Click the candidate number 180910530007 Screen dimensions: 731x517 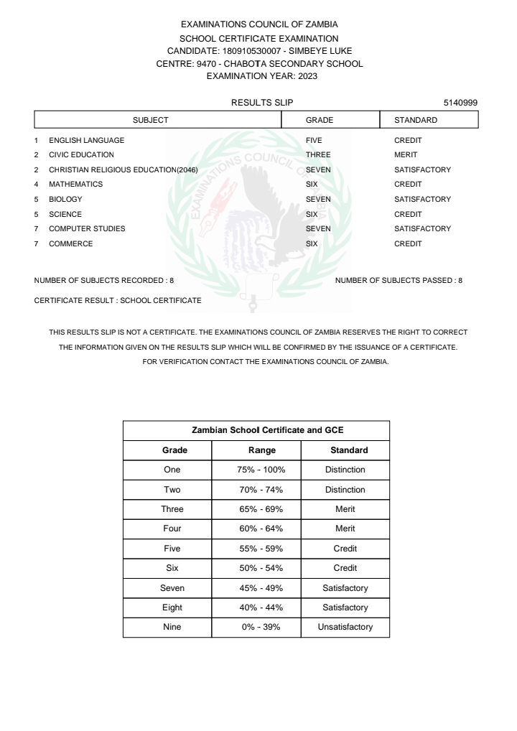[246, 51]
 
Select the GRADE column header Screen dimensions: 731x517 [320, 120]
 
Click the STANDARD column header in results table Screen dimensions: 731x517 [416, 120]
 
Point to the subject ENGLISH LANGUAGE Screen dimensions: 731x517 [86, 141]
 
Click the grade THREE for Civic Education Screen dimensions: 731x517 [318, 155]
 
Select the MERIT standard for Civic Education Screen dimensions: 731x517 [406, 155]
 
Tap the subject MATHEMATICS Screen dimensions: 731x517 [75, 185]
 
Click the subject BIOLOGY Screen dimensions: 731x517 [65, 200]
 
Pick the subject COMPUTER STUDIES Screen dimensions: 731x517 [87, 229]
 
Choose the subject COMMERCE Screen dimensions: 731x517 [70, 244]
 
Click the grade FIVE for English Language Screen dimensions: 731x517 [314, 141]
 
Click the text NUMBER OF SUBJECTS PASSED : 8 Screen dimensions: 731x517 [399, 280]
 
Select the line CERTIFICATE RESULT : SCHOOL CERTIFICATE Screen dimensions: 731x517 [118, 299]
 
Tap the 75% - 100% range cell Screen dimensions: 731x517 [256, 470]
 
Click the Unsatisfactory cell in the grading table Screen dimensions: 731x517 [345, 627]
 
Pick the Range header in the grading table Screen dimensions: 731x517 [256, 450]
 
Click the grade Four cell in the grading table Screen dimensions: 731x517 [172, 529]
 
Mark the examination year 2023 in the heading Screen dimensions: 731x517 [306, 75]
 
